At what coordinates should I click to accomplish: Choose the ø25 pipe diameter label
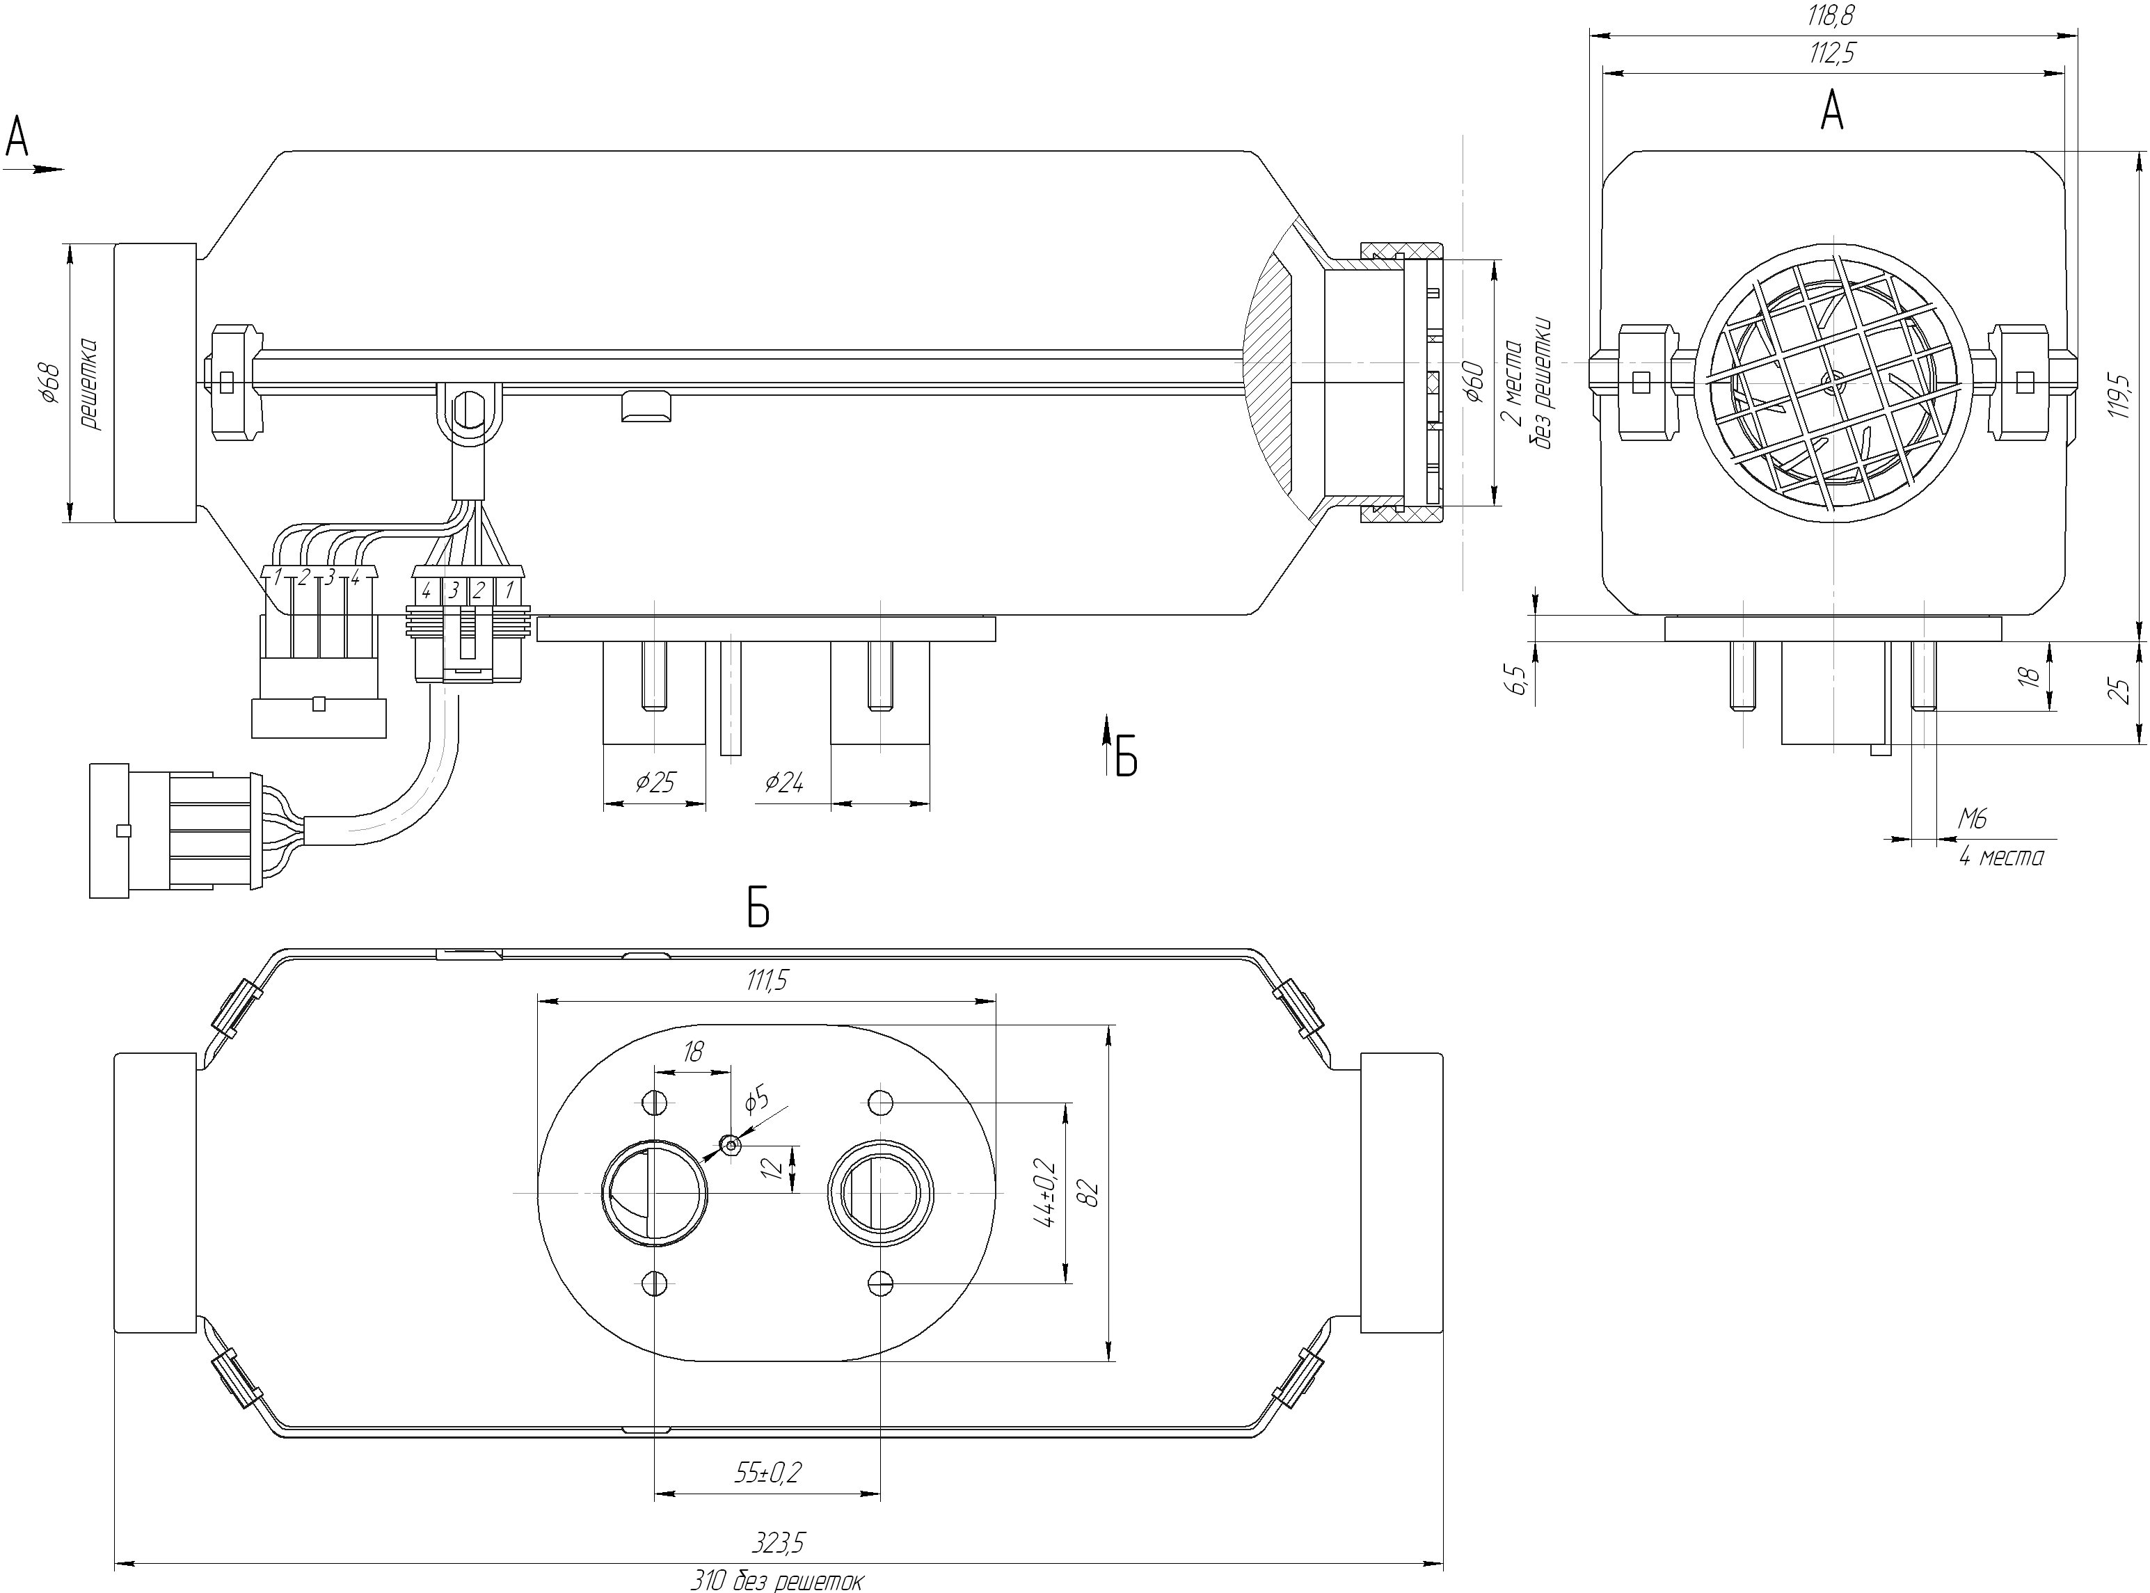[655, 782]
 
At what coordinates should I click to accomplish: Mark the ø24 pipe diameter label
[783, 782]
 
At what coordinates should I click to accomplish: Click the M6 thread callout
[1973, 819]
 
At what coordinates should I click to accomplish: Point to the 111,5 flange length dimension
[767, 981]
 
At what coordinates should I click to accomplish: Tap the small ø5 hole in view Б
[731, 1144]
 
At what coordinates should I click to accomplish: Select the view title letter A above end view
[1832, 112]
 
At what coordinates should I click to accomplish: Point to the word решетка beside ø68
[90, 383]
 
